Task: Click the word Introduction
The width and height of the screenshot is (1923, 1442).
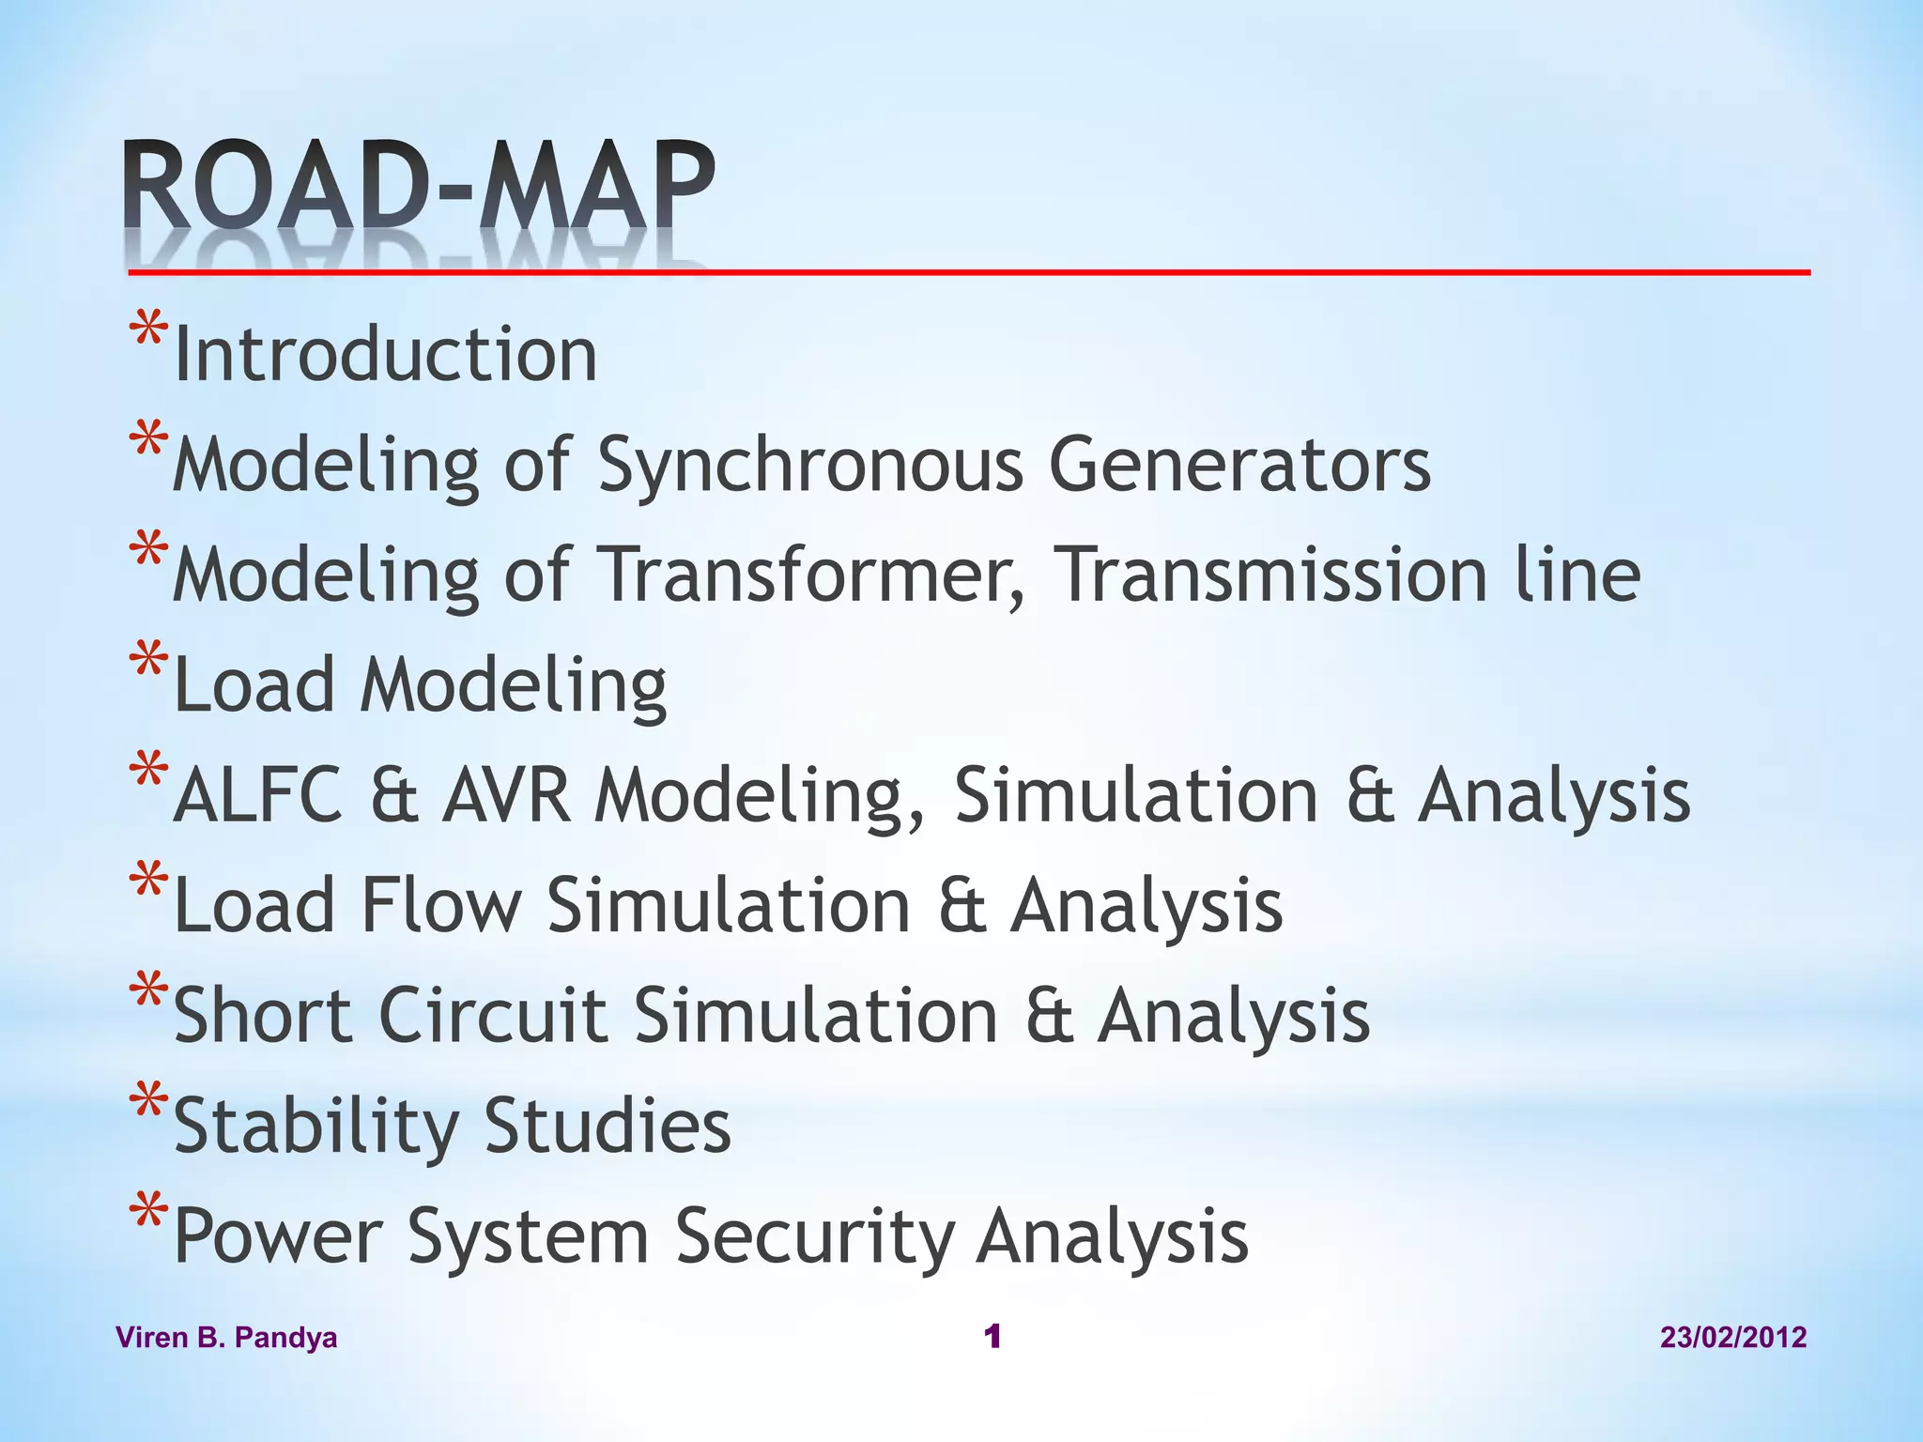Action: pyautogui.click(x=385, y=355)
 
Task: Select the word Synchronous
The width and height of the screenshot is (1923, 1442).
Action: pyautogui.click(x=809, y=465)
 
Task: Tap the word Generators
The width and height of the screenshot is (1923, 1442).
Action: pyautogui.click(x=1238, y=465)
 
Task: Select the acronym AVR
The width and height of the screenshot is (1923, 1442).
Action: pyautogui.click(x=507, y=795)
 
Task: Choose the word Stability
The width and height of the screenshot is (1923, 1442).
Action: pyautogui.click(x=316, y=1127)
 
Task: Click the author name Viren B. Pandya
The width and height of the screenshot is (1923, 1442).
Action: pyautogui.click(x=226, y=1337)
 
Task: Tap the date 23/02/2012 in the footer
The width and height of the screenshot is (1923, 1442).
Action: pyautogui.click(x=1733, y=1337)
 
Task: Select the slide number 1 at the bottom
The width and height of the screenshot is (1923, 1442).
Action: pyautogui.click(x=992, y=1336)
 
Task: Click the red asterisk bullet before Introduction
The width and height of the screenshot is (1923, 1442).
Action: pyautogui.click(x=148, y=333)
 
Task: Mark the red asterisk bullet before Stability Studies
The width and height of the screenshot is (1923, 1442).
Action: pyautogui.click(x=148, y=1103)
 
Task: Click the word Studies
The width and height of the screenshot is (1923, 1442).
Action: pyautogui.click(x=608, y=1125)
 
